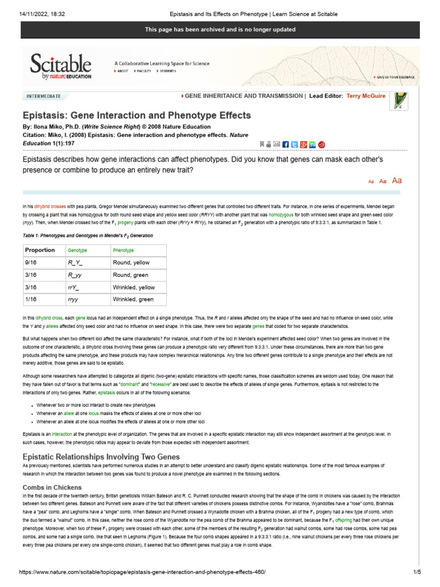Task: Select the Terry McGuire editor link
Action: point(366,96)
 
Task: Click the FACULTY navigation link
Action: point(143,71)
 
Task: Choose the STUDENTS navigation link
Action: point(167,71)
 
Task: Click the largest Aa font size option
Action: point(396,181)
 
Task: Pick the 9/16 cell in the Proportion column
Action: point(31,263)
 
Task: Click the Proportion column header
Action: point(40,250)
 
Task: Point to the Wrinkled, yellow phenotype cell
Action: point(133,287)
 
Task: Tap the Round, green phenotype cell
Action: point(131,275)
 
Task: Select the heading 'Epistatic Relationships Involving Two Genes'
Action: point(101,457)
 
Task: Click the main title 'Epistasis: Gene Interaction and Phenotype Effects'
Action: point(136,115)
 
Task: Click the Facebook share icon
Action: point(286,144)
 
